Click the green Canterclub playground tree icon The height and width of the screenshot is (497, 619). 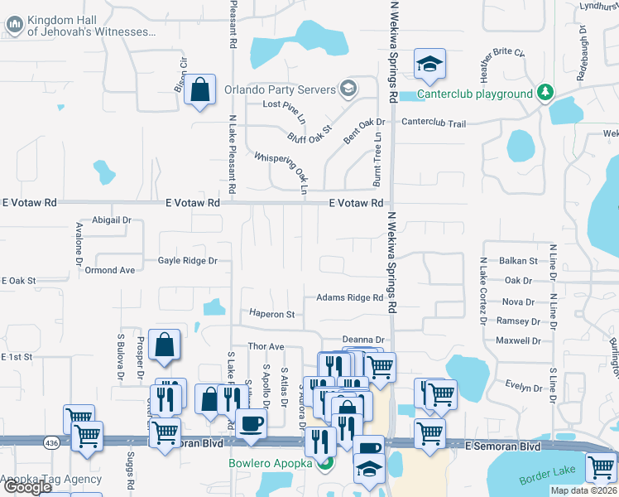[545, 92]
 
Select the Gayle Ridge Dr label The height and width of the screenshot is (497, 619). [188, 261]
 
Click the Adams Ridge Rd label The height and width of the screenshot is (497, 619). [349, 298]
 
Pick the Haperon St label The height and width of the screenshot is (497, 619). [272, 315]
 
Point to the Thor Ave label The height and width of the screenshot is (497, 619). [266, 346]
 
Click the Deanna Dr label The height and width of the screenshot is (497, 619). [364, 340]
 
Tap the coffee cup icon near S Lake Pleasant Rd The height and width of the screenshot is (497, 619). [252, 424]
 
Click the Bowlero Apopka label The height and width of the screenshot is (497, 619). [270, 462]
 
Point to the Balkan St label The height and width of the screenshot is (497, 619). [520, 261]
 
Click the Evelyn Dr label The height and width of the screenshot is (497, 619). [523, 387]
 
